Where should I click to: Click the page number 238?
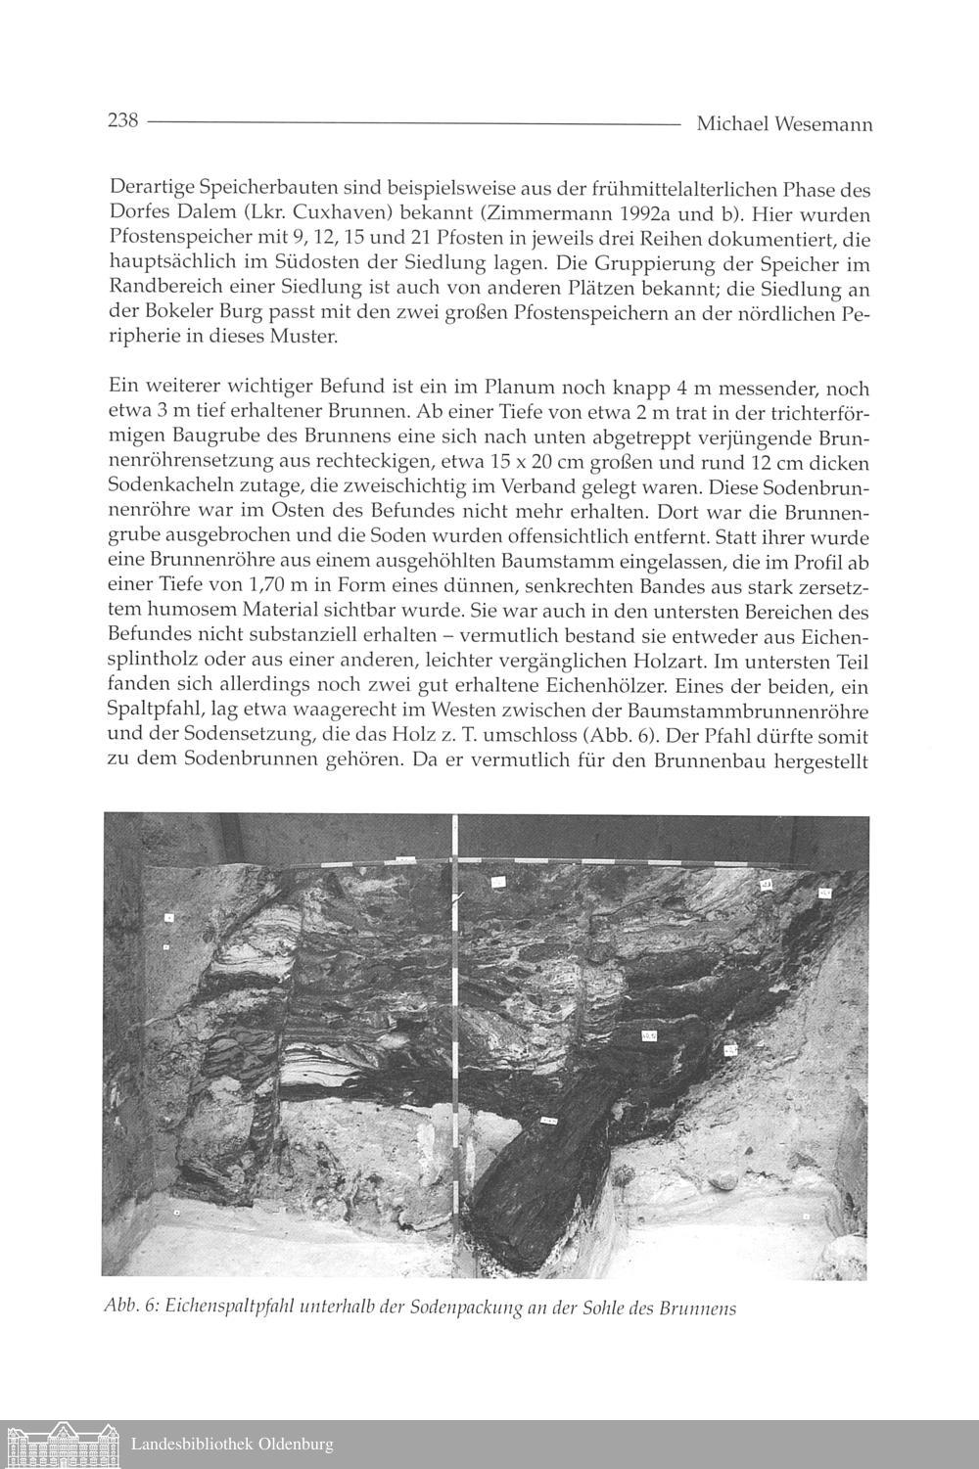(x=122, y=121)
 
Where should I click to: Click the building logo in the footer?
(x=60, y=1444)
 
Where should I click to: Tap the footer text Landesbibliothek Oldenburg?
(x=232, y=1445)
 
